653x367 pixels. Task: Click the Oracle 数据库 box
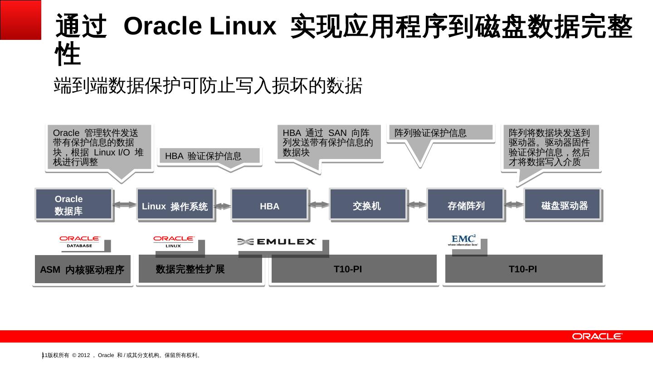73,204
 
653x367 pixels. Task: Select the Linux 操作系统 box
175,204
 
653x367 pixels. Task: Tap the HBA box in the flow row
269,204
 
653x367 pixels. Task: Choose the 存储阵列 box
465,204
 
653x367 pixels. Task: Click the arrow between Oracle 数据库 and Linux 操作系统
125,205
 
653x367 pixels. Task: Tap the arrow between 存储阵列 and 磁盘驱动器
514,205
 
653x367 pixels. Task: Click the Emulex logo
277,242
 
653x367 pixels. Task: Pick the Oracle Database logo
80,241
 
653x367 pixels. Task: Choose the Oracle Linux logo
174,241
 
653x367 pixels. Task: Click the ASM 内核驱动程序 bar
83,270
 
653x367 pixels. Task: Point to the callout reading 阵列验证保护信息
440,133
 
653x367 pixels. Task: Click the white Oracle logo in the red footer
597,336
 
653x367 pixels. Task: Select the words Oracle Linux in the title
200,26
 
